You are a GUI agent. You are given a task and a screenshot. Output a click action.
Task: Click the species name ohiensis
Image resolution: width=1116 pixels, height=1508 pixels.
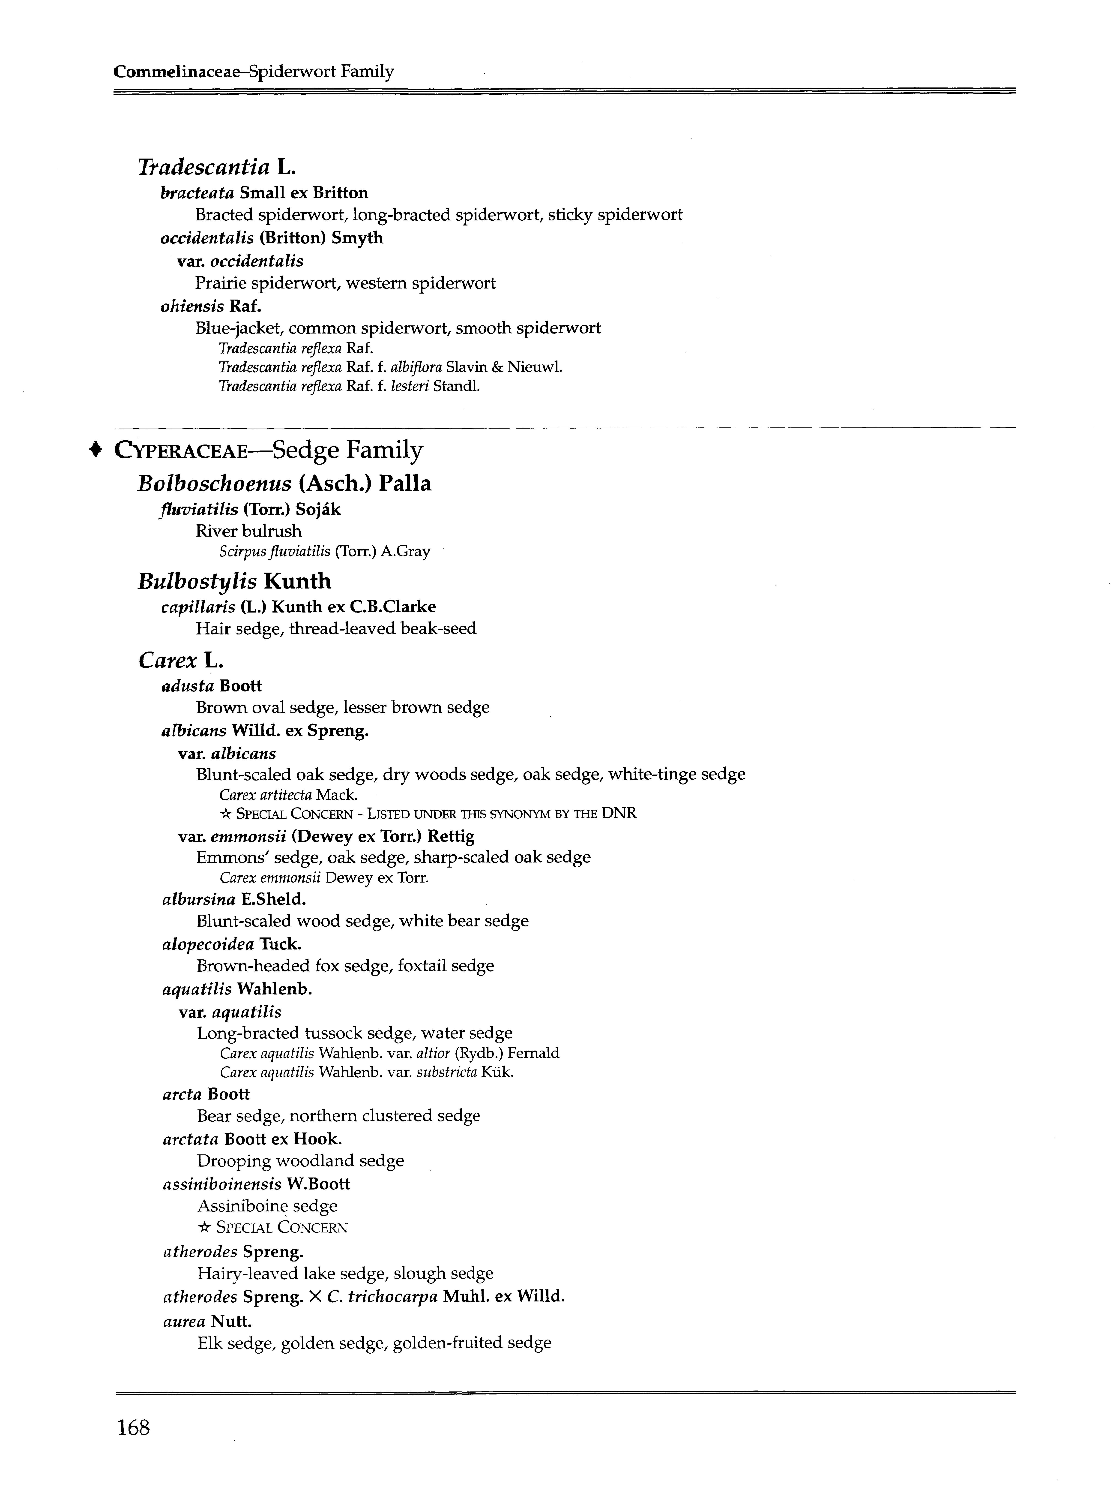coord(192,306)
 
